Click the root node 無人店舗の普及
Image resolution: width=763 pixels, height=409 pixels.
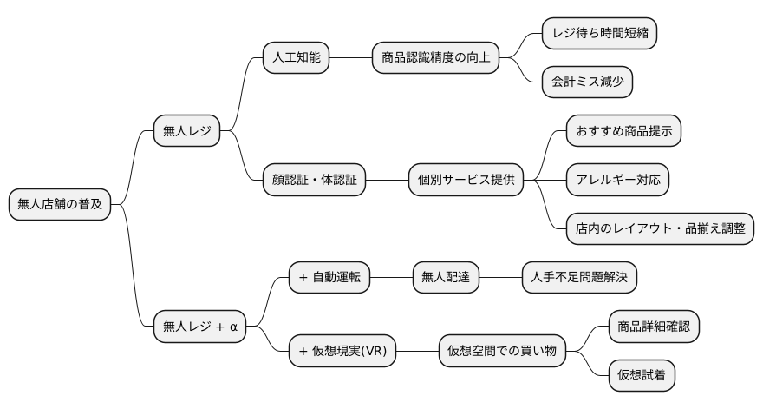click(60, 205)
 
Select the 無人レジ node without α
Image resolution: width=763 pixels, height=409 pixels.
click(186, 132)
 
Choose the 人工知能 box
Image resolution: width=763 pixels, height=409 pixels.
click(296, 58)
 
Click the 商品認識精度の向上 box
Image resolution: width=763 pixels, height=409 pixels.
click(435, 58)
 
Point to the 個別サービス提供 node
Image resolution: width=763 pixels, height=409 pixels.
click(466, 181)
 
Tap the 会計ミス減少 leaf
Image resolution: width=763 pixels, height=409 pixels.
click(586, 82)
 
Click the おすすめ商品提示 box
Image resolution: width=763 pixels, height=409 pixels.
click(623, 132)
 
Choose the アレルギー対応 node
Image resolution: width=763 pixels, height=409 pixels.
click(617, 181)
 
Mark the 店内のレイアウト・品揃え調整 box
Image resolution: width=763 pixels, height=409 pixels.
click(660, 229)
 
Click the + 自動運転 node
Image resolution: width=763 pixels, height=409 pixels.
click(329, 278)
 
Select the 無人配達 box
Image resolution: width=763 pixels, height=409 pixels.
click(446, 278)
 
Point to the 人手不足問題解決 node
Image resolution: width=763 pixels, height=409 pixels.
click(579, 278)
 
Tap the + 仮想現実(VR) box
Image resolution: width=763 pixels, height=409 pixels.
click(342, 352)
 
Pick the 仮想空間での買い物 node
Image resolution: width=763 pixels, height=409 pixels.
click(502, 352)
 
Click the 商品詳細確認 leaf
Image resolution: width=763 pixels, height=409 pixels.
click(654, 327)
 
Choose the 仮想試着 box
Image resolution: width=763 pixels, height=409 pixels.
click(642, 376)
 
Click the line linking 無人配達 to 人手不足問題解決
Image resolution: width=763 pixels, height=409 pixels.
click(500, 278)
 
